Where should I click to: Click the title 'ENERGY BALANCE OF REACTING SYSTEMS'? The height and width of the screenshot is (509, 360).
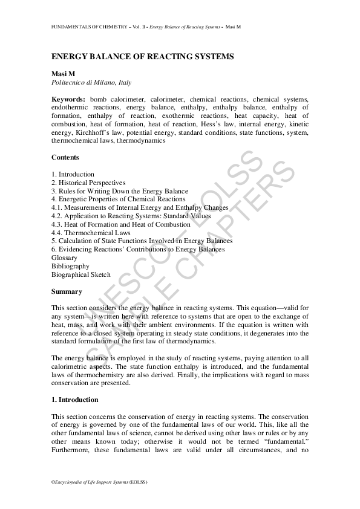pos(143,56)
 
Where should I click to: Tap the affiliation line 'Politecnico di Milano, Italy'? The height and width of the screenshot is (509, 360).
pos(91,82)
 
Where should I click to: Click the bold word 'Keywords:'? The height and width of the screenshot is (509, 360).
pos(69,99)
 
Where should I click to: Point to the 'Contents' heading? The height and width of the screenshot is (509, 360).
pos(65,157)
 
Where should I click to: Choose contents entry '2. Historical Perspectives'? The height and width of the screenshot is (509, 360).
pos(88,183)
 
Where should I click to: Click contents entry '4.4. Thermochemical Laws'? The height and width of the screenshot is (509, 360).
pos(91,232)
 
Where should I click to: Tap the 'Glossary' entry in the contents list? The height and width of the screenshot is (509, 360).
pos(64,258)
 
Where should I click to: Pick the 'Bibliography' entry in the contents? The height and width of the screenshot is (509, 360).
pos(70,266)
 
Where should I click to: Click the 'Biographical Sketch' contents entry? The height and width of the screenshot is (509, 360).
pos(81,274)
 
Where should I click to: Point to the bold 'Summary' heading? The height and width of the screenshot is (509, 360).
pos(67,291)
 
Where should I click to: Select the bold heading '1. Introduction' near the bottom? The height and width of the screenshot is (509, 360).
pos(75,400)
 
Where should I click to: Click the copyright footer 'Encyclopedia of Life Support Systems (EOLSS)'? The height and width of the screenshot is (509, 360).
pos(99,482)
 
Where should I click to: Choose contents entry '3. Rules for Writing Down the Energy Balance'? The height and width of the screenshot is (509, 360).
pos(120,191)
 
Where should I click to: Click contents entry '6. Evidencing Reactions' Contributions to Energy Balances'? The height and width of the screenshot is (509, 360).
pos(138,249)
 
